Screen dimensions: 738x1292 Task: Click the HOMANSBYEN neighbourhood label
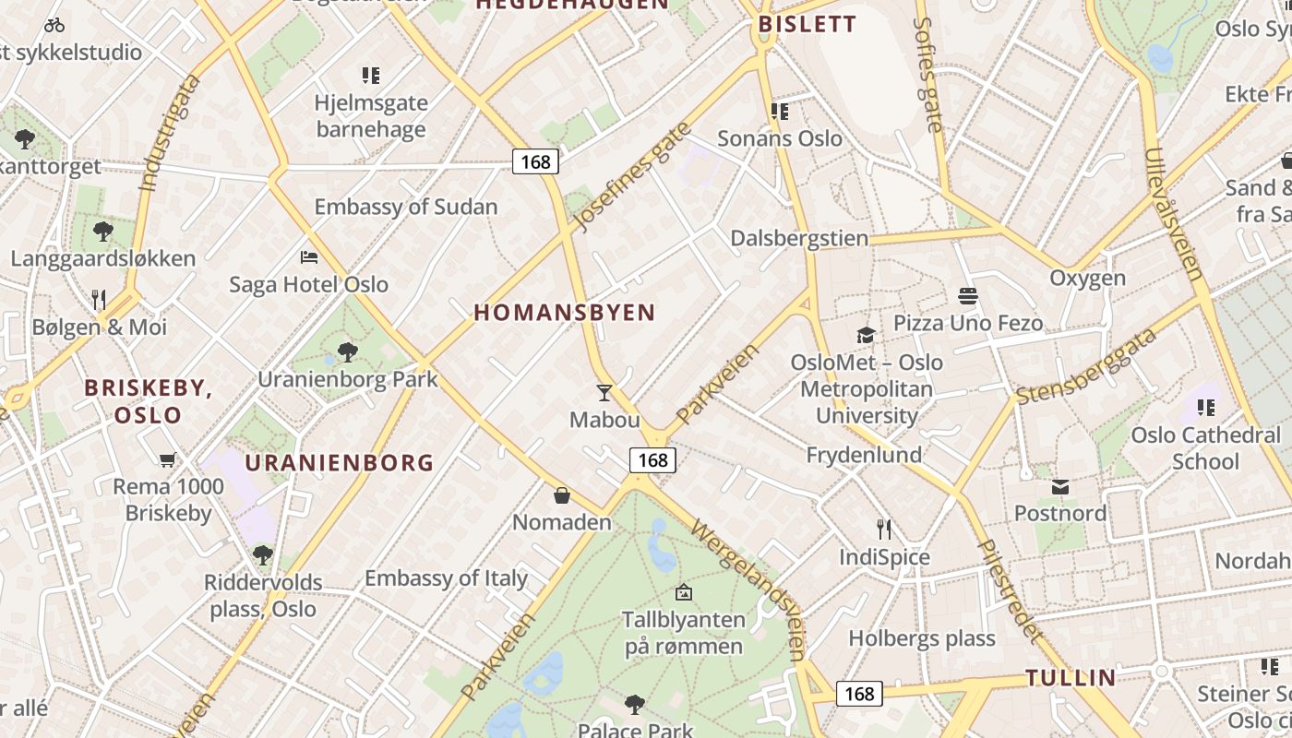click(x=565, y=313)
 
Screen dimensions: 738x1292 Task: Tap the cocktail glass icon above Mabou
click(x=604, y=393)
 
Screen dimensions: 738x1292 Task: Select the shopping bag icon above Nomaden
click(x=562, y=496)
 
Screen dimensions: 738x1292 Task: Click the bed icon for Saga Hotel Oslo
click(x=309, y=256)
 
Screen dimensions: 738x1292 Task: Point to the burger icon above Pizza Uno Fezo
click(x=968, y=296)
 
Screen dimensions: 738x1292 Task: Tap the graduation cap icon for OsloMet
click(x=866, y=335)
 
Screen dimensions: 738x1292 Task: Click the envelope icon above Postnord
click(x=1060, y=486)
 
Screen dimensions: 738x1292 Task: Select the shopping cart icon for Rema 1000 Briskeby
click(x=168, y=459)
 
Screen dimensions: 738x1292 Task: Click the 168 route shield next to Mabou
click(x=652, y=459)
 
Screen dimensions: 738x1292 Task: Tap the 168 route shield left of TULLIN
click(x=859, y=693)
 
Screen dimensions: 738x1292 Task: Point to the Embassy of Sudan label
click(x=406, y=207)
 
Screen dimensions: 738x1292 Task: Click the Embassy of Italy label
click(x=446, y=578)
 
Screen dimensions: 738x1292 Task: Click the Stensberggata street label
click(x=1086, y=366)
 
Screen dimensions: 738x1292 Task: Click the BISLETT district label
click(x=807, y=25)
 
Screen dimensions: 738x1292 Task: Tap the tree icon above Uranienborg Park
click(x=348, y=351)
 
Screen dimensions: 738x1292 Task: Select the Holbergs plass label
click(x=922, y=638)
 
